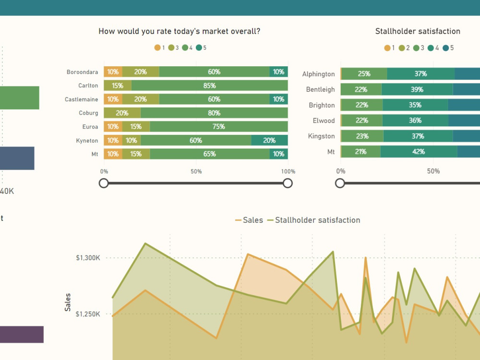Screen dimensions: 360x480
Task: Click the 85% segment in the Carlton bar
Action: coord(209,85)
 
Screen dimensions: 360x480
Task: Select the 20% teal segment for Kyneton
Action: coord(269,141)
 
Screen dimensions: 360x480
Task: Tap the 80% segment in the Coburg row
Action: coord(214,113)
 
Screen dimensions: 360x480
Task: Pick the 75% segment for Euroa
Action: coord(218,127)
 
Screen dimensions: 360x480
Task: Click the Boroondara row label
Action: coord(82,72)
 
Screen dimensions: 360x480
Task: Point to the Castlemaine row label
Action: coord(81,99)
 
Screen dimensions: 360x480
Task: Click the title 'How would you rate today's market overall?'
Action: coord(180,31)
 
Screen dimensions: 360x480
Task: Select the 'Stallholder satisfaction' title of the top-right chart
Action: coord(418,31)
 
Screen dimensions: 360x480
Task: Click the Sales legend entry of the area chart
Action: coord(249,220)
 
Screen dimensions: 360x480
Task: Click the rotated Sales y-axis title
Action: coord(68,302)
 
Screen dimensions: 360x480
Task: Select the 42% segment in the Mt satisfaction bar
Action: coord(419,152)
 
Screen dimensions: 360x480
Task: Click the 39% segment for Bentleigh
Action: coord(417,89)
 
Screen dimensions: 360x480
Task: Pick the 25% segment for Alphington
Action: coord(364,74)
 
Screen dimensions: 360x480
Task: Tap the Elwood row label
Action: coord(324,120)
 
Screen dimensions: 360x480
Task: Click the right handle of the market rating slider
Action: coord(288,183)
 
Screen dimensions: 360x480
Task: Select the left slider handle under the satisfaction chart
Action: coord(340,183)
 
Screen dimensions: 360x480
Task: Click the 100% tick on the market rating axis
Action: coord(288,171)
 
